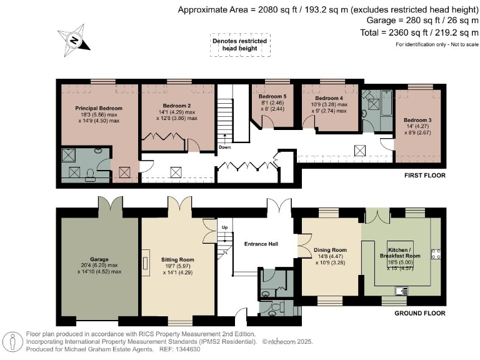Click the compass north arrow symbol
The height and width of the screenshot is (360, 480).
click(x=74, y=40)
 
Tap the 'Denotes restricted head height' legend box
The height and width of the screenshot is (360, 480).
click(x=240, y=45)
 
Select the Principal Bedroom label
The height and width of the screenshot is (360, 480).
click(x=99, y=108)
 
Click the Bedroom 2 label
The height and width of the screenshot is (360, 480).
click(x=177, y=106)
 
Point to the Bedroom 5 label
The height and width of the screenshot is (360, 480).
click(x=272, y=96)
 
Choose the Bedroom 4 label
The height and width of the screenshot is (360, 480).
click(x=329, y=98)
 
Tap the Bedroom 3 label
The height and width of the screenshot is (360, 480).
click(x=417, y=120)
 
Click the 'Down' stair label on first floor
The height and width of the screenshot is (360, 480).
click(x=225, y=147)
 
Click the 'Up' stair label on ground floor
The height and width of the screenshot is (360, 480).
click(x=225, y=227)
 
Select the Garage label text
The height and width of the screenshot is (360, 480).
click(x=99, y=259)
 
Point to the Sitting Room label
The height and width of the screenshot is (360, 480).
click(x=177, y=259)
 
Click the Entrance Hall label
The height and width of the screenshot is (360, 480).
click(x=261, y=244)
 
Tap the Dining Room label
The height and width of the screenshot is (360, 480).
click(x=330, y=250)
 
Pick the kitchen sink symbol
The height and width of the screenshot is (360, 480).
click(x=402, y=290)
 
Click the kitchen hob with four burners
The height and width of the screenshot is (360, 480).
click(x=436, y=254)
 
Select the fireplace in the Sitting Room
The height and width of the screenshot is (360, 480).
click(x=146, y=263)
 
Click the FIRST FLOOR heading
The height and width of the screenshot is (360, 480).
click(x=425, y=176)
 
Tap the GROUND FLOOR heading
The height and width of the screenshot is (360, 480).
click(x=420, y=313)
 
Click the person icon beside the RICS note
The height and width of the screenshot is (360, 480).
click(x=12, y=342)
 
